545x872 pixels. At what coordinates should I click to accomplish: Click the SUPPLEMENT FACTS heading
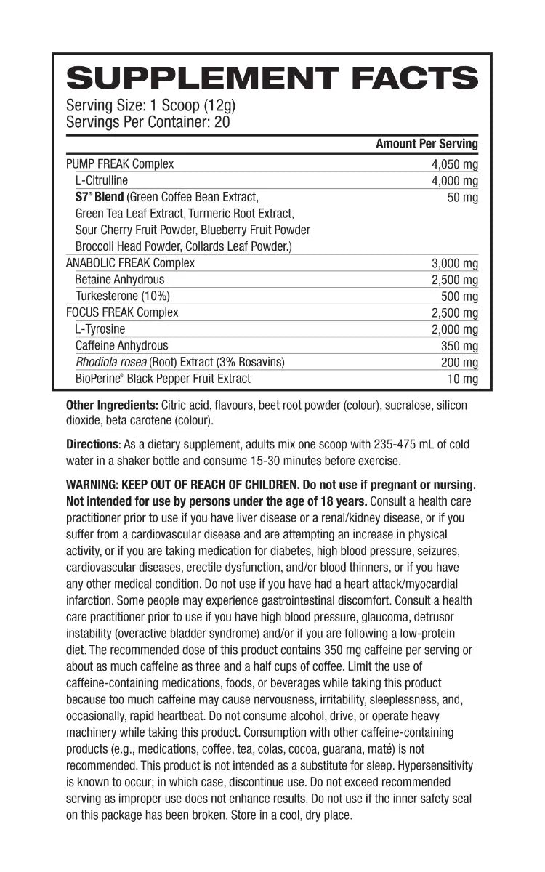coord(272,78)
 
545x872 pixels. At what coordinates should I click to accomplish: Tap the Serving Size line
coord(150,105)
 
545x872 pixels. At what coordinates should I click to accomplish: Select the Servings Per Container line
coord(148,122)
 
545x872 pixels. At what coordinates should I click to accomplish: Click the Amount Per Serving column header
coord(427,144)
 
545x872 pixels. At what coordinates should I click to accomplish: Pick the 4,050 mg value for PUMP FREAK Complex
coord(455,164)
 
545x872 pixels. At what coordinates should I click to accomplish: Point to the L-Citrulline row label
coord(101,180)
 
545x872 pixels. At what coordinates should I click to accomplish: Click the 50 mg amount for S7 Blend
coord(463,197)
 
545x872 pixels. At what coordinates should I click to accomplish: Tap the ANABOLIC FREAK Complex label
coord(130,263)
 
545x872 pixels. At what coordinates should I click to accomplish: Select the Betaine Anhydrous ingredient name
coord(120,279)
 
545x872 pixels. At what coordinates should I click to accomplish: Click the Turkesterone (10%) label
coord(122,296)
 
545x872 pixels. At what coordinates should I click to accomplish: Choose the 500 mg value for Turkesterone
coord(460,296)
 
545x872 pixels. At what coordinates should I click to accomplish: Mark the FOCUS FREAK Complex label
coord(122,312)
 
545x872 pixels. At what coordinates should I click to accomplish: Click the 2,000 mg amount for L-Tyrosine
coord(455,329)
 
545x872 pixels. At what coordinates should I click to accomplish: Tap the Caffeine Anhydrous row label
coord(121,346)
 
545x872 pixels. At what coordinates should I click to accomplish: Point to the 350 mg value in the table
coord(460,346)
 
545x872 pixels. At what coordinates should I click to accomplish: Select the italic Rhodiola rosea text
coord(110,362)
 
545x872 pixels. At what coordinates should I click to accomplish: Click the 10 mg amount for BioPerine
coord(463,379)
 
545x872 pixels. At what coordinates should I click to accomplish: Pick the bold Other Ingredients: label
coord(112,405)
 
